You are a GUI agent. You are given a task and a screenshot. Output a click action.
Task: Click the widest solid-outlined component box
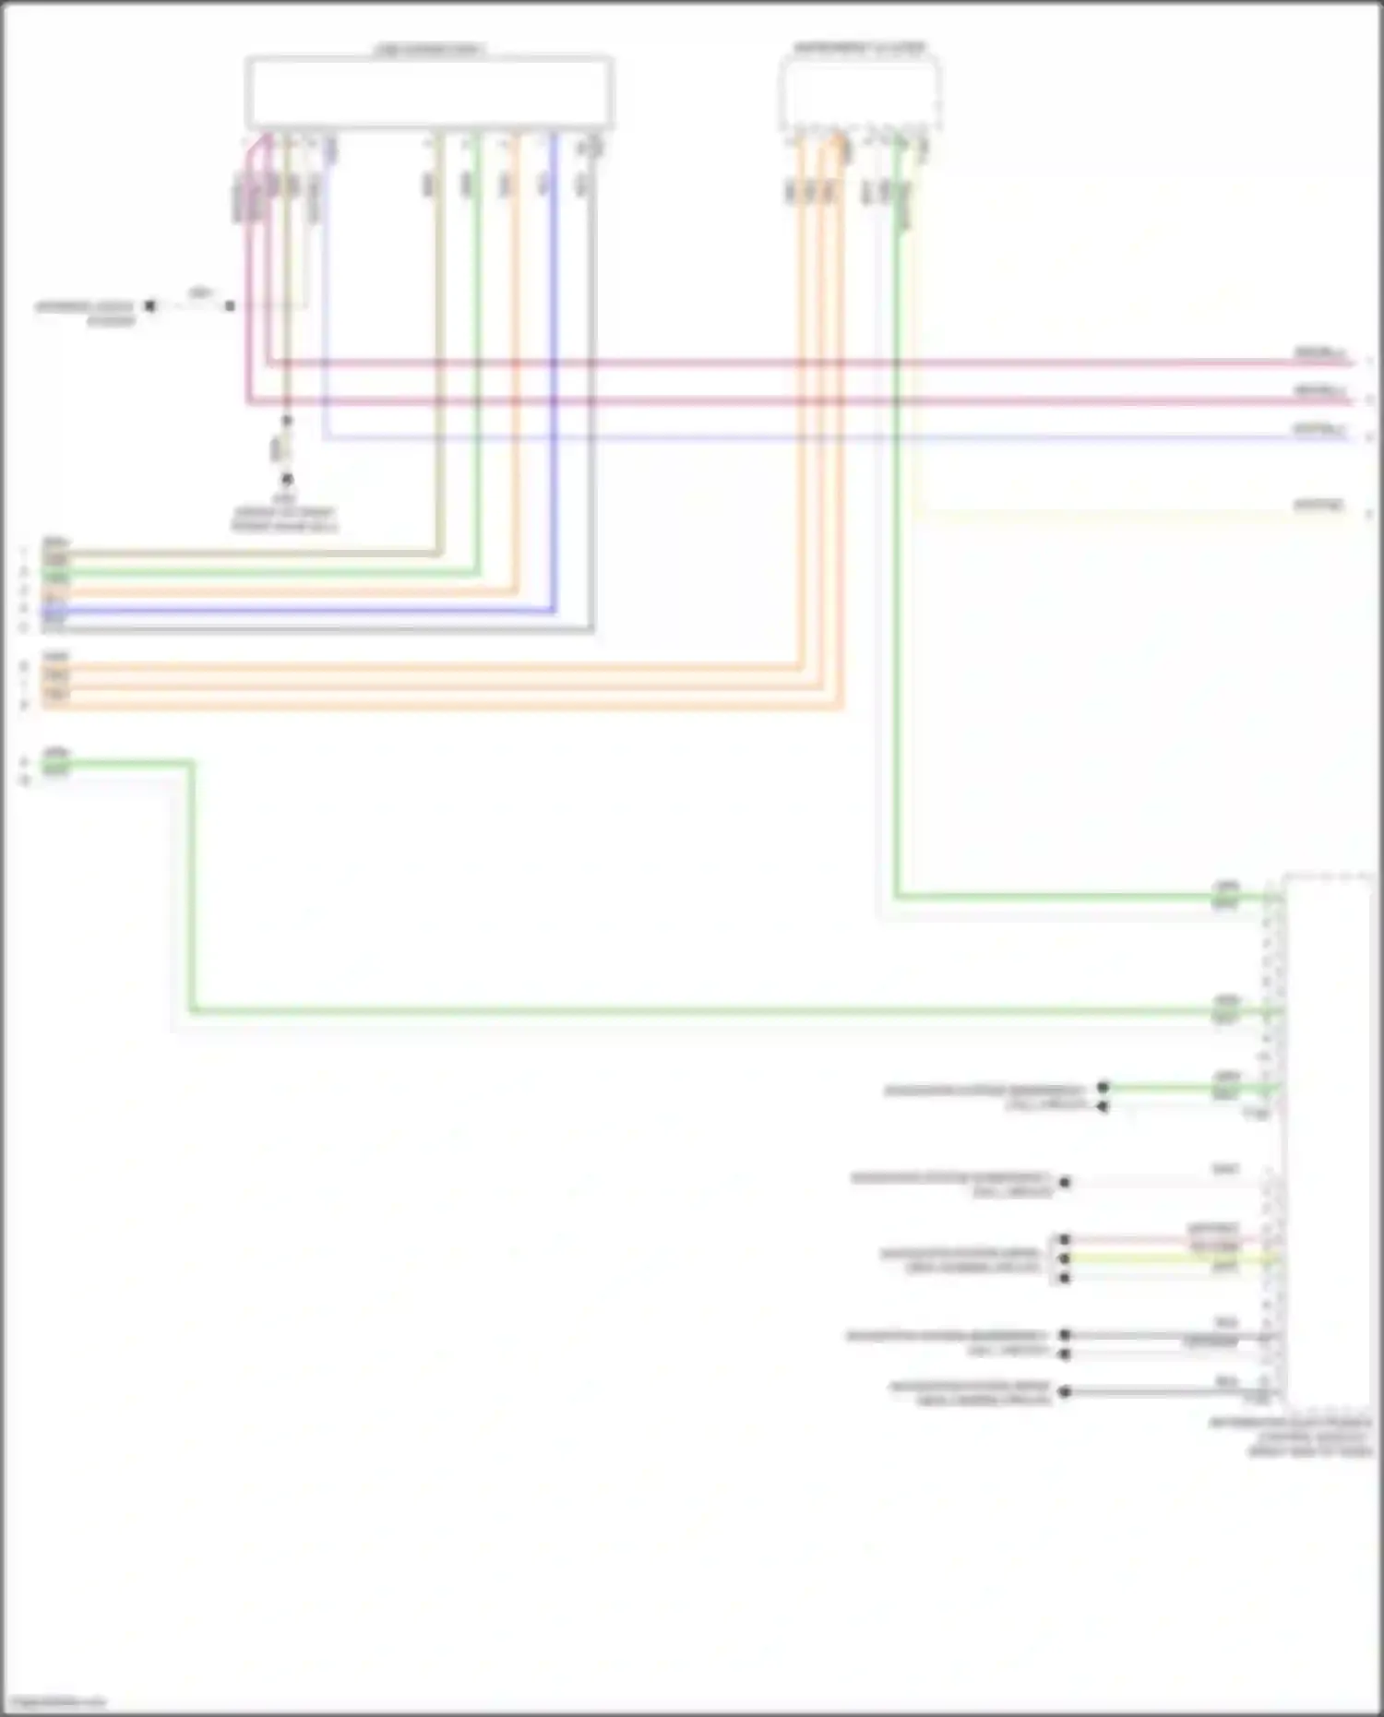click(429, 92)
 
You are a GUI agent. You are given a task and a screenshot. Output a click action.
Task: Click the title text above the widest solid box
click(429, 49)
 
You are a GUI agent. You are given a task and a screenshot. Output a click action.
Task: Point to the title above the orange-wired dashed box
click(859, 48)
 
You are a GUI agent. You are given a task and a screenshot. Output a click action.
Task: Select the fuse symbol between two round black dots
click(286, 450)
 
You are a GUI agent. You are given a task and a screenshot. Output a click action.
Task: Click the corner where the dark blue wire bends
click(554, 610)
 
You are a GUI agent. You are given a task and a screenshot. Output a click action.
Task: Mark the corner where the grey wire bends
click(592, 630)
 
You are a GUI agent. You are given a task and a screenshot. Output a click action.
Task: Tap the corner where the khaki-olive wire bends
click(439, 554)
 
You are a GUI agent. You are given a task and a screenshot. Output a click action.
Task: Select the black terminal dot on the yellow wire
click(1065, 1258)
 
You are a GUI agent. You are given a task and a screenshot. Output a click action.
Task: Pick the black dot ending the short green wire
click(1103, 1087)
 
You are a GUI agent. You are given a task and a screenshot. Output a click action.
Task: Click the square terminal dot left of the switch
click(150, 305)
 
